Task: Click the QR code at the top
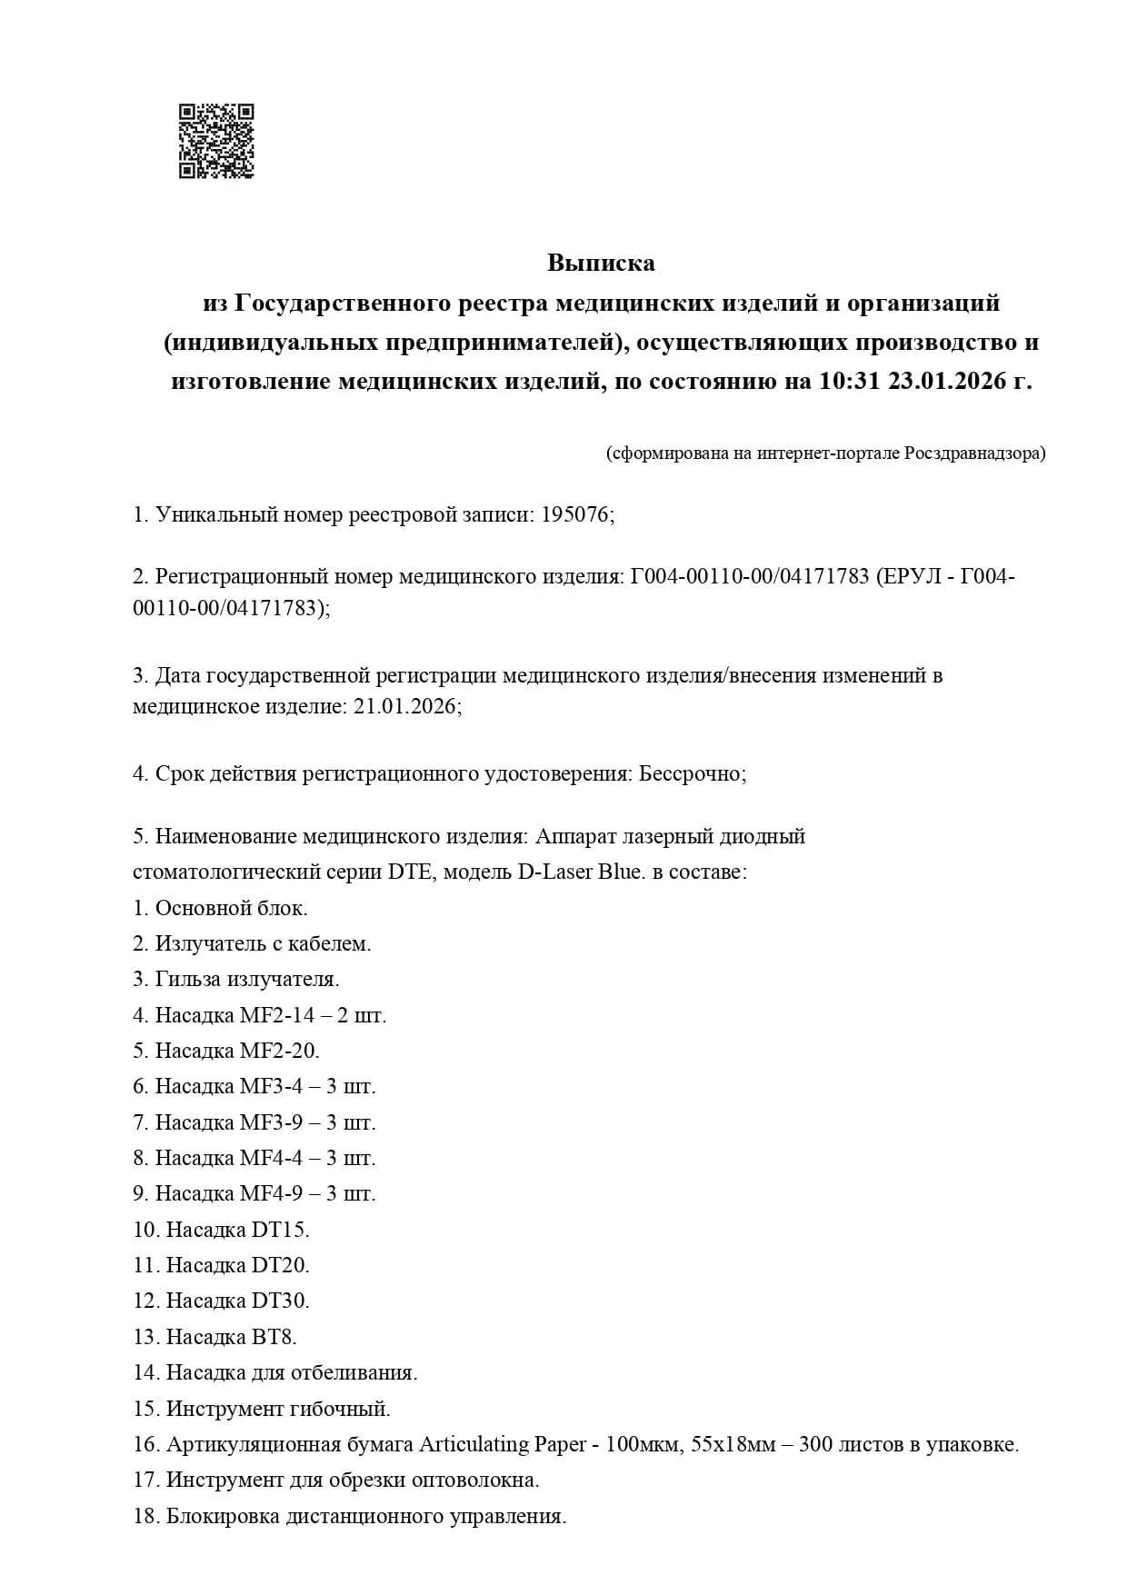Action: click(216, 141)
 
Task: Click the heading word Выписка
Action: click(601, 264)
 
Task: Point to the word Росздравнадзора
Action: click(974, 453)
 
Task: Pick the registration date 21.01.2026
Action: click(404, 706)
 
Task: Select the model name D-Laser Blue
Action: click(582, 872)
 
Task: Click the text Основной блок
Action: click(231, 908)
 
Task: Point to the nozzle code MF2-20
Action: click(278, 1051)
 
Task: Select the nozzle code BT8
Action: click(272, 1337)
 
